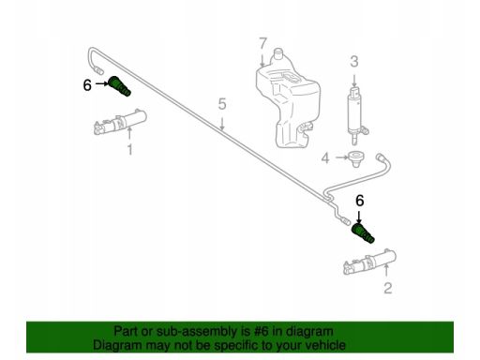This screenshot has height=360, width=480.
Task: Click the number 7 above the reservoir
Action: pyautogui.click(x=263, y=44)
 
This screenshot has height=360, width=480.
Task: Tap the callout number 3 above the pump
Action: pyautogui.click(x=354, y=62)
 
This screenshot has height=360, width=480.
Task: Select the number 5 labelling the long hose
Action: pyautogui.click(x=222, y=104)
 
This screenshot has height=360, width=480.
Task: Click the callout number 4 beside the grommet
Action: pyautogui.click(x=325, y=158)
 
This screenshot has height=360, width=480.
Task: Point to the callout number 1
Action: pyautogui.click(x=129, y=150)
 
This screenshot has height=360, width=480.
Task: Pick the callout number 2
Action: pyautogui.click(x=388, y=288)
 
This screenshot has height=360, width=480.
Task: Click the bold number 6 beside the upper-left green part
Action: pyautogui.click(x=87, y=84)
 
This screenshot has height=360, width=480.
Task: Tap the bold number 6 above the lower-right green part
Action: pyautogui.click(x=360, y=201)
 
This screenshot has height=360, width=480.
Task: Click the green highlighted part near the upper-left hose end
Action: pyautogui.click(x=120, y=86)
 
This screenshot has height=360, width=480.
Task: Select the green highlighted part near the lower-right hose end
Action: pyautogui.click(x=363, y=233)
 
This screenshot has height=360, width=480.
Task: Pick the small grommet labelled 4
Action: pyautogui.click(x=355, y=158)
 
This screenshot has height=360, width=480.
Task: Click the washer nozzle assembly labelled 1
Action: pyautogui.click(x=121, y=122)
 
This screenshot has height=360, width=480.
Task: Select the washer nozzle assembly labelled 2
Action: pyautogui.click(x=370, y=262)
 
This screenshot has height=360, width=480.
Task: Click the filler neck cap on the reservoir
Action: pyautogui.click(x=277, y=53)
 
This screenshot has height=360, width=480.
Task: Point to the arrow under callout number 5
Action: pyautogui.click(x=222, y=123)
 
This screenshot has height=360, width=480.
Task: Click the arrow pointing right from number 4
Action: pyautogui.click(x=342, y=157)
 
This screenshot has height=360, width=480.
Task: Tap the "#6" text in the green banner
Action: pyautogui.click(x=258, y=331)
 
